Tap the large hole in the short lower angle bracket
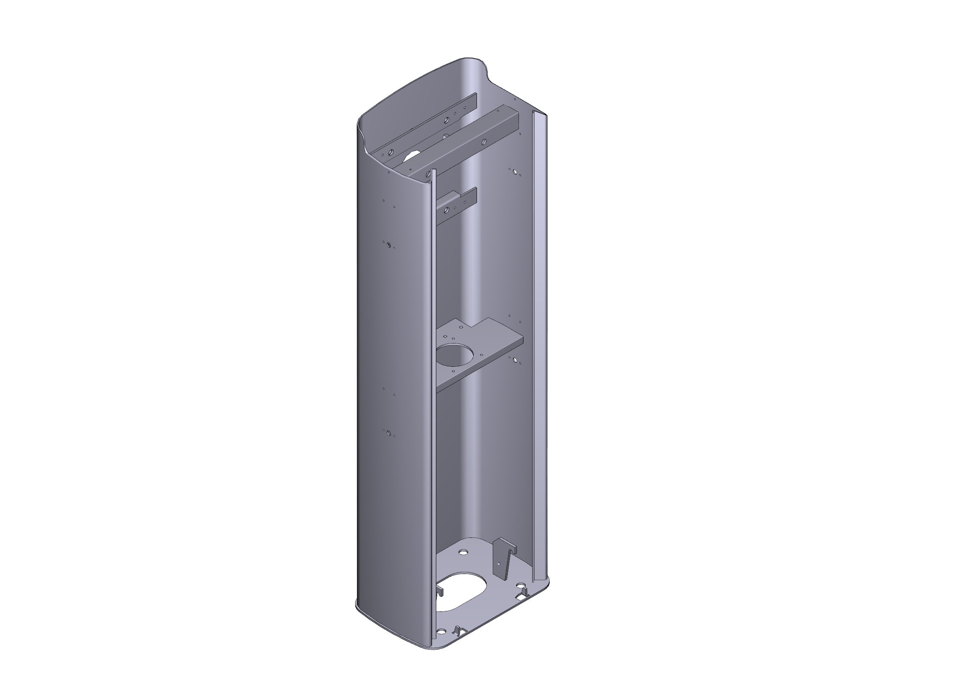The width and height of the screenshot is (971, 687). pyautogui.click(x=446, y=209)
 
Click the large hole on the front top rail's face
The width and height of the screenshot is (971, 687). pyautogui.click(x=484, y=141)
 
